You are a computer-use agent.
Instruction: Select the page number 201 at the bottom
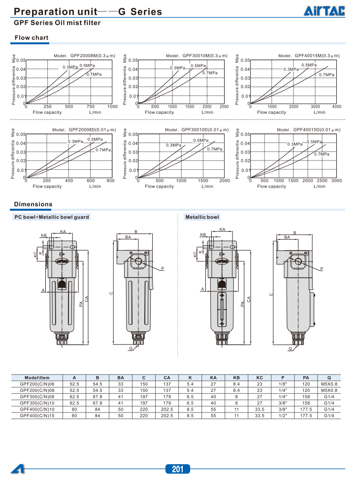pyautogui.click(x=177, y=469)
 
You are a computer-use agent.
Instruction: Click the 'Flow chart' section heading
pyautogui.click(x=31, y=38)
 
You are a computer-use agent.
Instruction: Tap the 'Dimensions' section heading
pyautogui.click(x=33, y=204)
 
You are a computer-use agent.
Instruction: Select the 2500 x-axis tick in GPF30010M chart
pyautogui.click(x=224, y=106)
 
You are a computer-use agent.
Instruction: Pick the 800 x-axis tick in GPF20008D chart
pyautogui.click(x=110, y=181)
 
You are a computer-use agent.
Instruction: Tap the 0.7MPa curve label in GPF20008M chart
pyautogui.click(x=94, y=74)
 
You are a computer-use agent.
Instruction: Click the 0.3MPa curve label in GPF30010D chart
pyautogui.click(x=173, y=145)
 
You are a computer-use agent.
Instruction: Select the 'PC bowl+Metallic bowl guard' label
pyautogui.click(x=52, y=217)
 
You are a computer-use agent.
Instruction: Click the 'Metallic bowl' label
pyautogui.click(x=202, y=217)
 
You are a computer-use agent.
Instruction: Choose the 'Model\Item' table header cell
pyautogui.click(x=37, y=378)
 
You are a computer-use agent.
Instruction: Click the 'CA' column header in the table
pyautogui.click(x=167, y=378)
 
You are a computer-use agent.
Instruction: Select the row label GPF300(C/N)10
pyautogui.click(x=37, y=403)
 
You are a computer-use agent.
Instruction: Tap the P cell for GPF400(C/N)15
pyautogui.click(x=283, y=415)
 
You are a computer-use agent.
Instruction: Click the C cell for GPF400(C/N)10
pyautogui.click(x=143, y=409)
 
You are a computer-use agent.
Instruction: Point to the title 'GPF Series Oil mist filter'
pyautogui.click(x=57, y=23)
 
